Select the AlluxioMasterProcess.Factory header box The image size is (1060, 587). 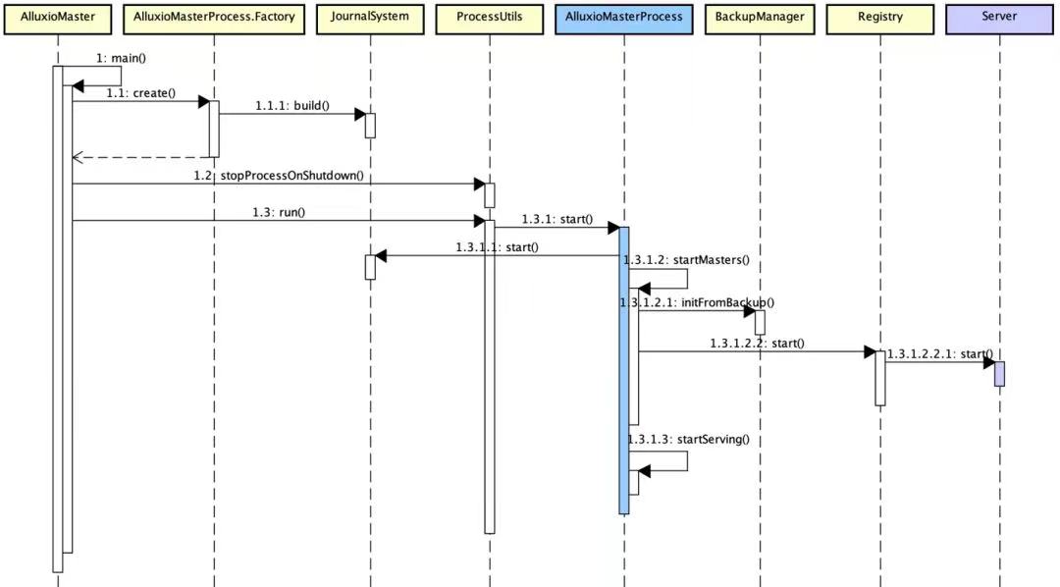click(x=214, y=18)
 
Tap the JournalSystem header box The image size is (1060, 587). click(x=370, y=18)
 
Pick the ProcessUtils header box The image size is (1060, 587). click(x=489, y=18)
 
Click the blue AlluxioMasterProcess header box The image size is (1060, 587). click(x=623, y=18)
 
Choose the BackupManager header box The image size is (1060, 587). click(x=759, y=18)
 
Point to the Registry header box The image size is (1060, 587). click(x=879, y=18)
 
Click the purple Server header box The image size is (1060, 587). click(x=999, y=18)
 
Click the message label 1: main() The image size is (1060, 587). click(x=122, y=58)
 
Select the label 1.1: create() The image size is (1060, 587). click(x=140, y=93)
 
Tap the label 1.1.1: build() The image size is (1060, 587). click(x=292, y=105)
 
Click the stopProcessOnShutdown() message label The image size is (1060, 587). click(x=279, y=176)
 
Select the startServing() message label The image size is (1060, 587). click(x=688, y=439)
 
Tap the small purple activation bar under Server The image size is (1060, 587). click(x=999, y=374)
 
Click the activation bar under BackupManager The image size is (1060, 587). click(x=759, y=322)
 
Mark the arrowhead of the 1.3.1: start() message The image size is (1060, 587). click(x=612, y=228)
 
